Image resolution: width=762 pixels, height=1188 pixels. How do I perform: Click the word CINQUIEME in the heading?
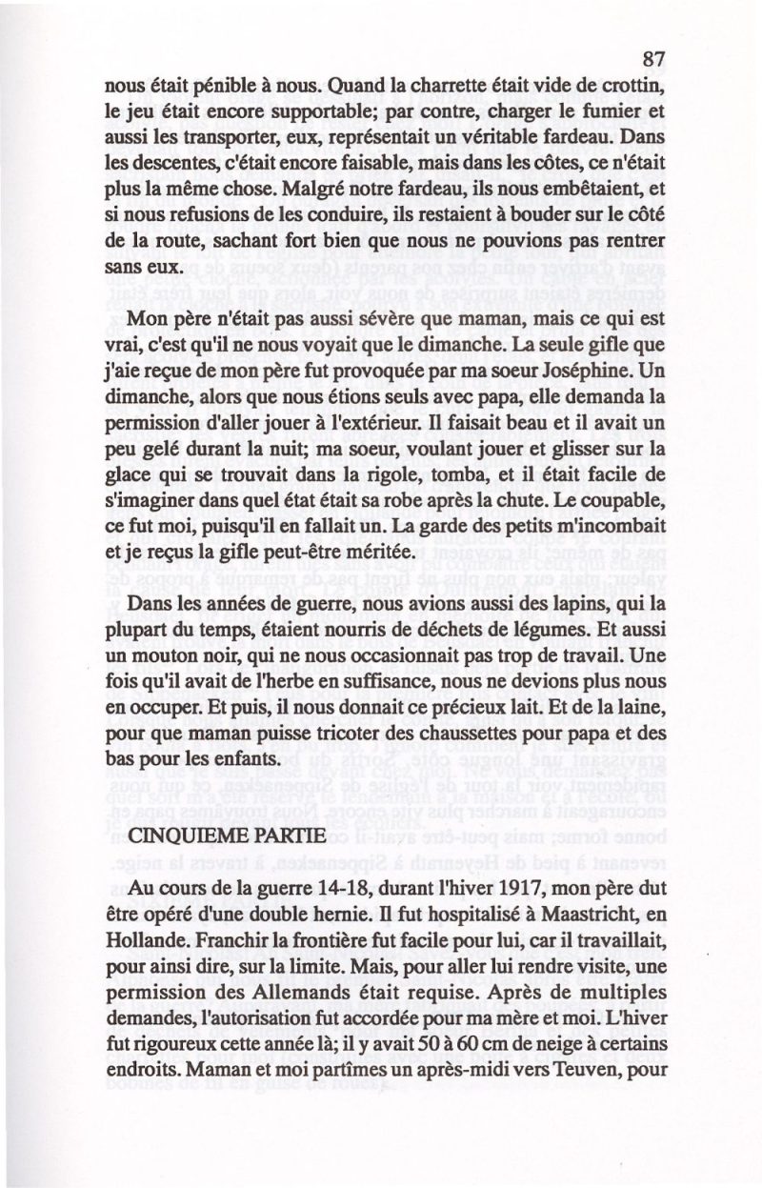[x=184, y=835]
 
